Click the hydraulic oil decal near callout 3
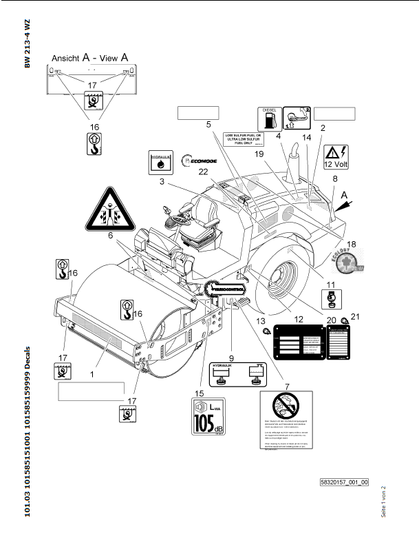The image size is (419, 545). pyautogui.click(x=162, y=163)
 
